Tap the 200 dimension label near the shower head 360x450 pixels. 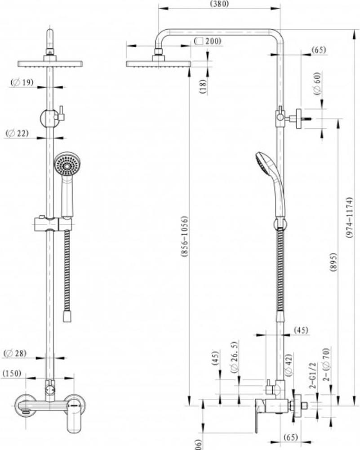(x=209, y=41)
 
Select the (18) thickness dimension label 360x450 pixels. (x=203, y=86)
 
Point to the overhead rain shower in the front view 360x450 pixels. (x=50, y=63)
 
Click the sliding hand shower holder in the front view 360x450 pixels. (x=53, y=223)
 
